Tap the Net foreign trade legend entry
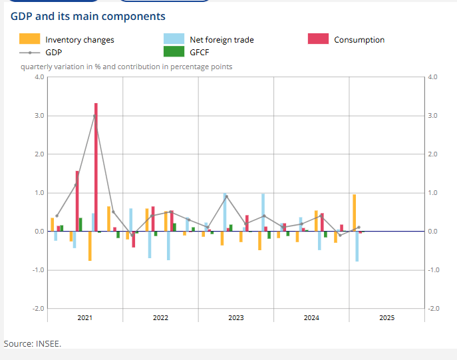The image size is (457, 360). [222, 40]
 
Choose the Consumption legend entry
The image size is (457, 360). [359, 40]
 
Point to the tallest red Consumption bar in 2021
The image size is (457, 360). [96, 166]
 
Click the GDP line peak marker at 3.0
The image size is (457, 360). [94, 116]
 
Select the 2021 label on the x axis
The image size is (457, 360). [84, 318]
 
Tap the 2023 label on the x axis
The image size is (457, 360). [235, 318]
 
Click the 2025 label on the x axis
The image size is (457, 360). [386, 318]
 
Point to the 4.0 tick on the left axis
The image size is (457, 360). [39, 77]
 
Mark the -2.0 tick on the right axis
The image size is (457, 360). [433, 309]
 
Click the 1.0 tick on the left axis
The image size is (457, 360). [39, 193]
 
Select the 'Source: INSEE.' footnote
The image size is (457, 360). [33, 343]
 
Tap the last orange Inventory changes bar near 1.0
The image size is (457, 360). [355, 213]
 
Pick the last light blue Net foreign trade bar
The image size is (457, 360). [357, 246]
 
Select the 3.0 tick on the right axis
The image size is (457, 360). [433, 116]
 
